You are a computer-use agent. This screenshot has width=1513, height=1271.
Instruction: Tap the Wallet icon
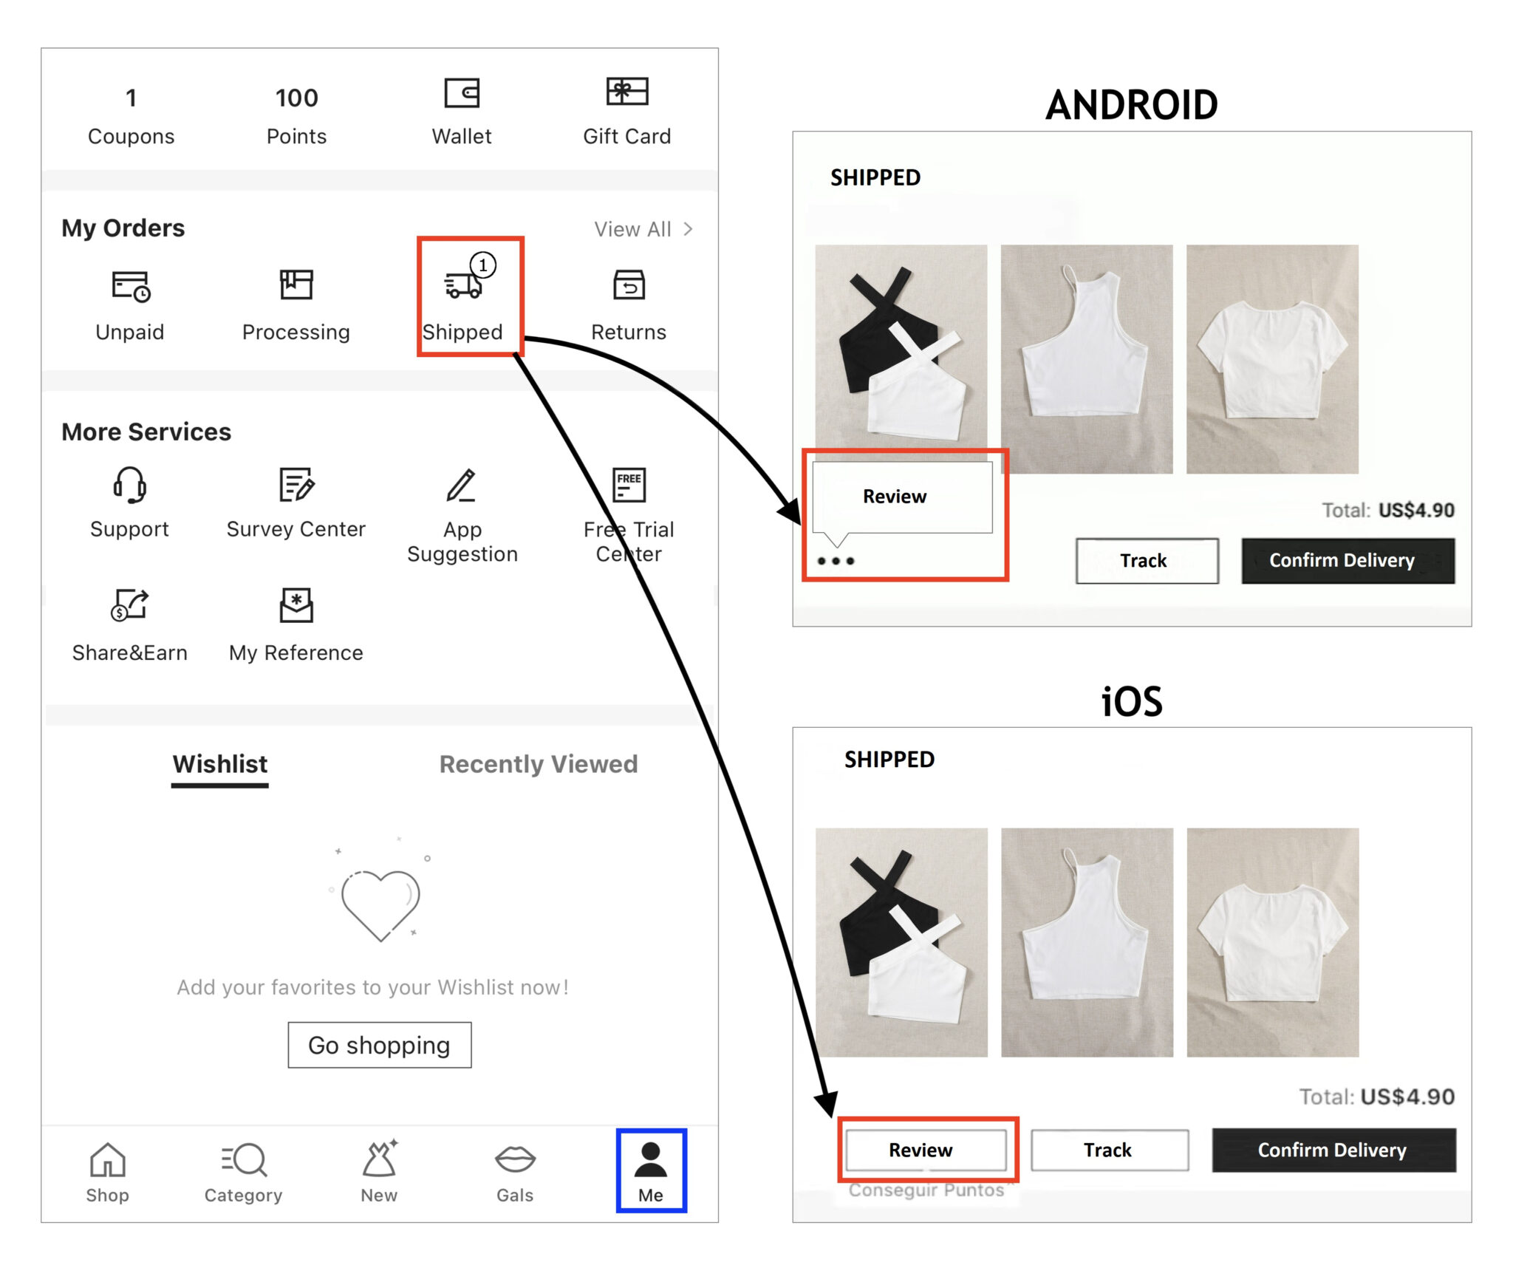pos(462,94)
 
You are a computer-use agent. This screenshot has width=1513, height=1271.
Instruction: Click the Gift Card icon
pos(626,92)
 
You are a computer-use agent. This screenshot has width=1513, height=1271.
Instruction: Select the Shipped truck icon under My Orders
pos(463,285)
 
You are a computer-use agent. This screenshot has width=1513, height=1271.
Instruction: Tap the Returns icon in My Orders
pos(629,285)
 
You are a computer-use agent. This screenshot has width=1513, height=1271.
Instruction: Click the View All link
pos(643,229)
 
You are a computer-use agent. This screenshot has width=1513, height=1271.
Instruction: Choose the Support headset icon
pos(130,485)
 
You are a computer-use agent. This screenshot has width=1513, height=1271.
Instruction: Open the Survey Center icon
pos(296,485)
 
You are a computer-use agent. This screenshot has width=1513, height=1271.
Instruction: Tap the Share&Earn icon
pos(130,605)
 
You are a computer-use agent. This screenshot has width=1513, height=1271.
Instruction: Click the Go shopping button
pos(379,1045)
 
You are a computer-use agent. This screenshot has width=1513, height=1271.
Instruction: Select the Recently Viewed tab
pos(538,764)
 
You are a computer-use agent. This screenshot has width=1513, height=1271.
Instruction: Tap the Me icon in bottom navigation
pos(651,1161)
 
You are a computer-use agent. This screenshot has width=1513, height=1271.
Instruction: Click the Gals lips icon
pos(515,1159)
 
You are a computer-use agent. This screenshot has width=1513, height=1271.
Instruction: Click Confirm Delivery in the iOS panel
pos(1333,1150)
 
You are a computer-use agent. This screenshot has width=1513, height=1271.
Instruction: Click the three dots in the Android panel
pos(836,561)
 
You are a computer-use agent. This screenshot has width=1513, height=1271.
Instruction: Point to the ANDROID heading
pos(1131,105)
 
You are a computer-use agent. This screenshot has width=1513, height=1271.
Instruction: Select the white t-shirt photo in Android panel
pos(1271,359)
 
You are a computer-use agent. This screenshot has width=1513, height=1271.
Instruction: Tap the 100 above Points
pos(296,98)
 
